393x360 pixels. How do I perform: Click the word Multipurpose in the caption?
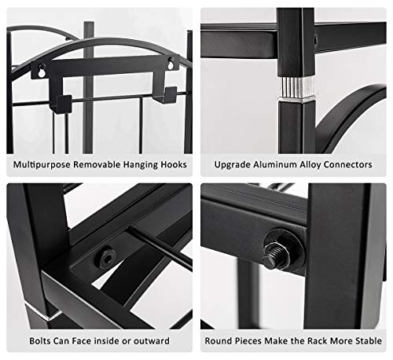(42, 165)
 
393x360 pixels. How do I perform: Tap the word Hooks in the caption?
(174, 164)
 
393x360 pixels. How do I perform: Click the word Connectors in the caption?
(347, 164)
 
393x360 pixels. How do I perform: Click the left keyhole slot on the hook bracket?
(41, 72)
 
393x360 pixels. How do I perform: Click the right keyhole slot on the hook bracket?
(171, 64)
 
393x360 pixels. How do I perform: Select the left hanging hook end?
(64, 104)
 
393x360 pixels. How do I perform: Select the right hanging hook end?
(168, 95)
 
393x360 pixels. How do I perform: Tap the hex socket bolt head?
(108, 257)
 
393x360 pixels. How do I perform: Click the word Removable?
(97, 164)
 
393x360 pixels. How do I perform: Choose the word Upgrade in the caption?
(233, 165)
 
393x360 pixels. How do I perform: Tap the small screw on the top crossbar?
(316, 40)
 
